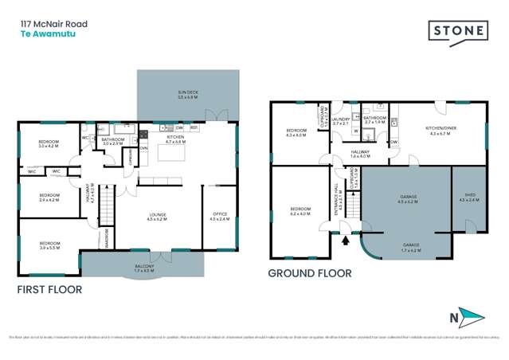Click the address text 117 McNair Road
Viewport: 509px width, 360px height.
click(x=54, y=24)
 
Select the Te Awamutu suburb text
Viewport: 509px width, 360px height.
click(x=43, y=36)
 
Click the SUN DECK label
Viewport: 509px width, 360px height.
click(x=188, y=95)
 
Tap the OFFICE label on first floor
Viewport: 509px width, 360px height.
click(x=220, y=216)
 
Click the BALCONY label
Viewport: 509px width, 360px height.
click(x=143, y=268)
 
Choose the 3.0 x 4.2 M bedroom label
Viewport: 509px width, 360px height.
click(x=50, y=144)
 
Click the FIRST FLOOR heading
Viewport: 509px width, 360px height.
click(x=49, y=290)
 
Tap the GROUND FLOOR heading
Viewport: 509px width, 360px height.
click(x=309, y=273)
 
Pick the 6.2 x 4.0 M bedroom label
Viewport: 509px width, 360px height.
click(x=298, y=213)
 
